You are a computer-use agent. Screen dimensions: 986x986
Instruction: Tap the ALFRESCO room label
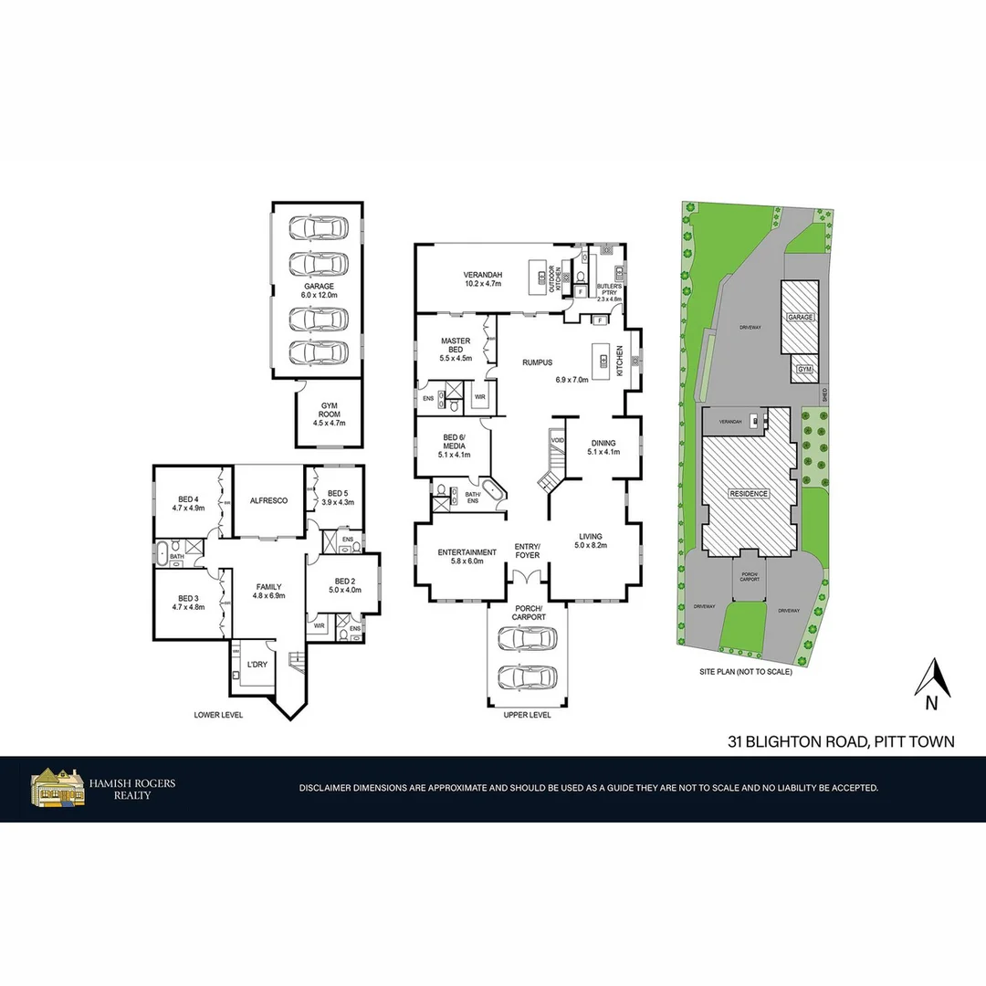pos(268,500)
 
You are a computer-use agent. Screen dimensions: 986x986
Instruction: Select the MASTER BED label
pos(456,344)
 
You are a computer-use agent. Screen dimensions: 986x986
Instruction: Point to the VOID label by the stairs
pos(558,439)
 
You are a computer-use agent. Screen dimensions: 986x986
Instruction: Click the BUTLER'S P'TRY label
pos(609,289)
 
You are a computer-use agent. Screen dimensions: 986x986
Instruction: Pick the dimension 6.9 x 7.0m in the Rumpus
pos(574,379)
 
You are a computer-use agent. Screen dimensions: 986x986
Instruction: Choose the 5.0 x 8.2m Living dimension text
pos(592,545)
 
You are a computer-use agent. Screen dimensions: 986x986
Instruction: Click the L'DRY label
pos(257,665)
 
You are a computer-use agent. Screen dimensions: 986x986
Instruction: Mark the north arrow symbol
pos(932,679)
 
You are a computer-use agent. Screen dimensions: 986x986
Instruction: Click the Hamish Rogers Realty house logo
pos(57,787)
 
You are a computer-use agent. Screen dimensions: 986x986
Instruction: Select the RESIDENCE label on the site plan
pos(749,494)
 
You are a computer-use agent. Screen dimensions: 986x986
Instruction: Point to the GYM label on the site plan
pos(804,369)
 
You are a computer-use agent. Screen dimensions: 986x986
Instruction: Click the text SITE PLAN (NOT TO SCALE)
pos(745,672)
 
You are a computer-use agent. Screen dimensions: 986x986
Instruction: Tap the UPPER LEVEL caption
pos(527,715)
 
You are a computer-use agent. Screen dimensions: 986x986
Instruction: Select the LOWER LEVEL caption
pos(218,715)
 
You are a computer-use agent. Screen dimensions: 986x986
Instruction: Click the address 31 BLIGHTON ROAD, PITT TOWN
pos(841,741)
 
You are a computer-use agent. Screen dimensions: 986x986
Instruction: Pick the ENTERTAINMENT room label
pos(467,552)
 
